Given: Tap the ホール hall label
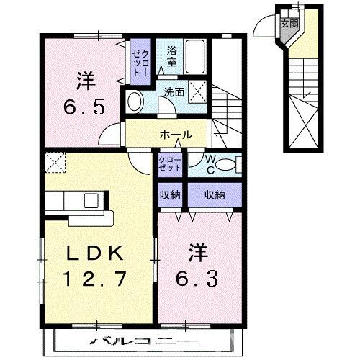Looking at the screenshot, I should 175,135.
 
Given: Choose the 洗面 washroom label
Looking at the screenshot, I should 173,92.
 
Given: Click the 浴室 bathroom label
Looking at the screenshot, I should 171,57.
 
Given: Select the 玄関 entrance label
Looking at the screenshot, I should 289,24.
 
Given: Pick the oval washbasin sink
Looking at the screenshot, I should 134,102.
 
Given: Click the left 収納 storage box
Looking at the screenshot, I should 171,194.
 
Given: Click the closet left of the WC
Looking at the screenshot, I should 171,163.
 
